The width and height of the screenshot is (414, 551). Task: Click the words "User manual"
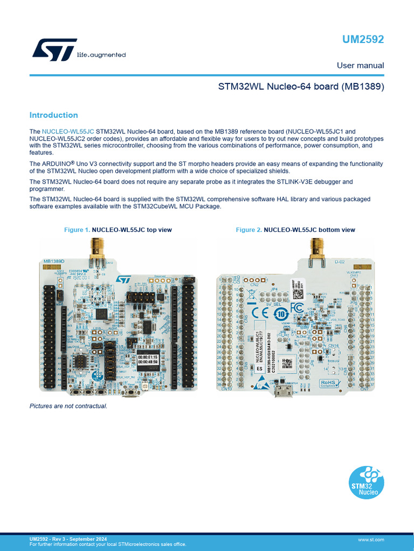tap(360, 66)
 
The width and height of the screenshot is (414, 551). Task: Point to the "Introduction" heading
tap(53, 115)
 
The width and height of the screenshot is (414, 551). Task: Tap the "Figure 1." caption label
tap(77, 230)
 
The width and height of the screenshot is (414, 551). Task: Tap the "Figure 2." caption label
tap(249, 230)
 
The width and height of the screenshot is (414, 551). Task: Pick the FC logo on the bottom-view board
tap(297, 308)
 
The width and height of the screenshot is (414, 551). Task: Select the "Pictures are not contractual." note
tap(68, 406)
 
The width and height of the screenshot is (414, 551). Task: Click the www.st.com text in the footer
tap(370, 539)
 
